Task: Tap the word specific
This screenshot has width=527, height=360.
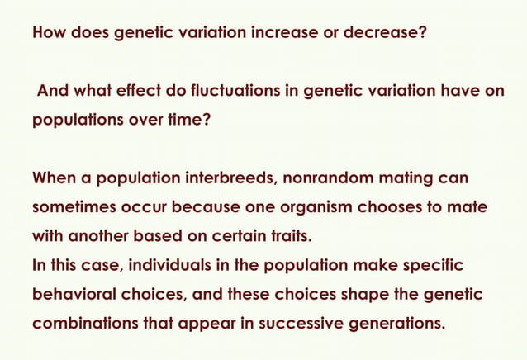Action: pos(428,265)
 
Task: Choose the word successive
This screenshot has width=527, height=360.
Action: pos(297,323)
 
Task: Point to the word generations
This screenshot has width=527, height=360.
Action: pos(395,323)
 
